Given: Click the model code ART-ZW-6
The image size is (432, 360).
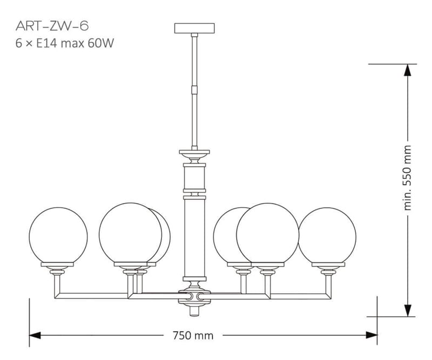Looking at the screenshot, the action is click(x=52, y=26).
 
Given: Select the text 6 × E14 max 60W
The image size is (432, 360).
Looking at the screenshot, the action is click(x=64, y=44).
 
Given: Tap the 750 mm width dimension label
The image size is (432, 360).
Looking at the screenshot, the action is click(x=193, y=336).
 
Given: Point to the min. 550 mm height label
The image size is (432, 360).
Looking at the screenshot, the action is click(x=407, y=178).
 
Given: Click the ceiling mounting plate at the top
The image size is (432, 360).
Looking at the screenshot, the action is click(x=194, y=28).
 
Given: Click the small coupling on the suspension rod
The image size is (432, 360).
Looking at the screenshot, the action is click(x=194, y=90).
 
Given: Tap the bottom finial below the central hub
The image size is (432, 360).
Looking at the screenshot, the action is click(x=194, y=311).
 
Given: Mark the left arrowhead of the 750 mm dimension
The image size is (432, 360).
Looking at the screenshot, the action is click(x=35, y=335).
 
